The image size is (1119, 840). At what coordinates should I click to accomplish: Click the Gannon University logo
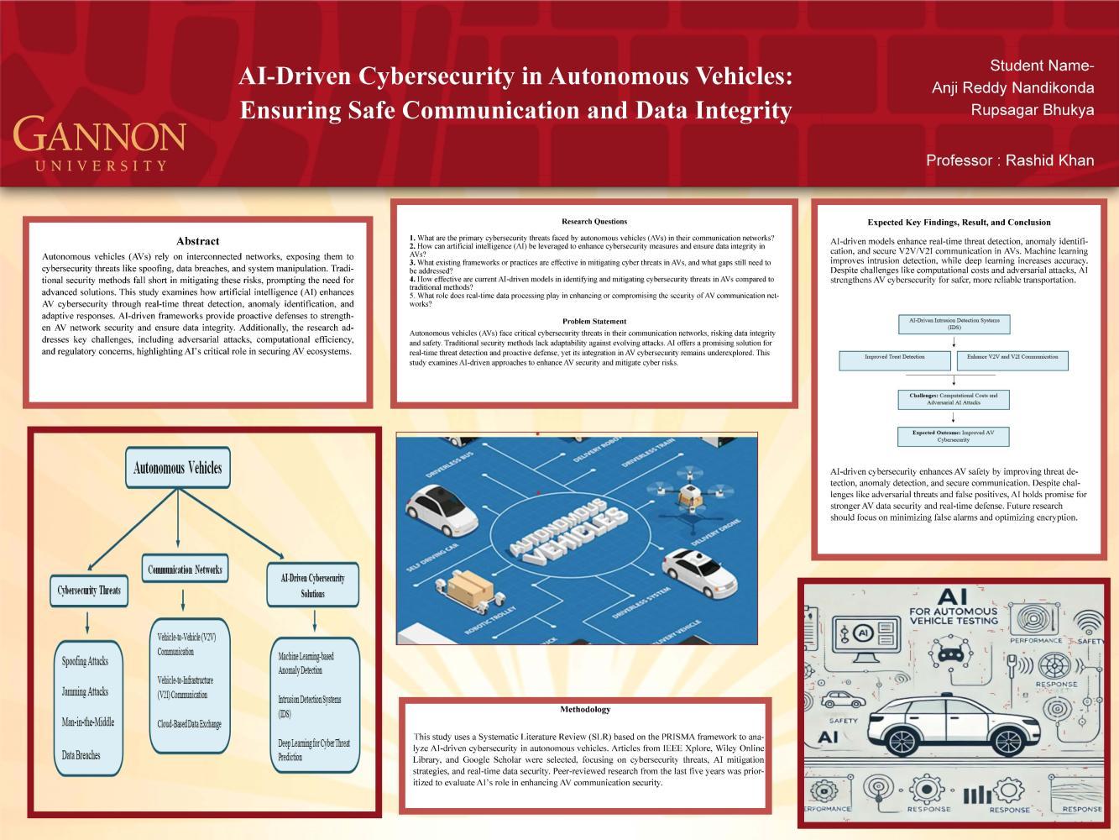pyautogui.click(x=99, y=143)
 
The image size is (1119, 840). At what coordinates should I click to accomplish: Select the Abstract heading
pyautogui.click(x=198, y=241)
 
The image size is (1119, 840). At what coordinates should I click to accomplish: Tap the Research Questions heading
pyautogui.click(x=594, y=222)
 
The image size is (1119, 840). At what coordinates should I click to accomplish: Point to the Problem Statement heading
pyautogui.click(x=594, y=321)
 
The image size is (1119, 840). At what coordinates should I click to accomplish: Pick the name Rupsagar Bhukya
pyautogui.click(x=1032, y=110)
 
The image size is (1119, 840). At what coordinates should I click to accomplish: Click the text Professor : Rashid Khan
pyautogui.click(x=1010, y=160)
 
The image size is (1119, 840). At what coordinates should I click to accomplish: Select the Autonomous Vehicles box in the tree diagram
pyautogui.click(x=177, y=468)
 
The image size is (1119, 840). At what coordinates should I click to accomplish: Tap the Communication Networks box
pyautogui.click(x=185, y=570)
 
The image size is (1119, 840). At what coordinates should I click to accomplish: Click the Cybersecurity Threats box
pyautogui.click(x=88, y=590)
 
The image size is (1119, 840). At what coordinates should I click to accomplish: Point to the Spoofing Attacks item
pyautogui.click(x=85, y=661)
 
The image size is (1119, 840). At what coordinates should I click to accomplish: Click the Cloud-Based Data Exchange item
pyautogui.click(x=189, y=724)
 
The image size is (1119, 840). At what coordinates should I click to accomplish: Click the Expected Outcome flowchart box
pyautogui.click(x=954, y=436)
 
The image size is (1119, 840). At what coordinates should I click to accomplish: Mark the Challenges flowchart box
pyautogui.click(x=954, y=399)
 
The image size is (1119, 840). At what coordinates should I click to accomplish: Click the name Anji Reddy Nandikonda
pyautogui.click(x=1012, y=88)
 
